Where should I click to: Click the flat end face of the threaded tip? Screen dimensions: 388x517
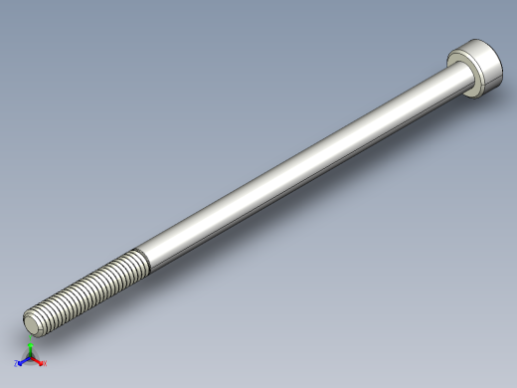(33, 322)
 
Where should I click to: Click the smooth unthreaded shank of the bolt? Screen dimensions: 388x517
(298, 169)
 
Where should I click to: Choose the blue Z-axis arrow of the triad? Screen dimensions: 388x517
(22, 362)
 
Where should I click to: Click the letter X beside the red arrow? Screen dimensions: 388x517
(45, 364)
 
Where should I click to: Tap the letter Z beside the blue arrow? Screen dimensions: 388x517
(16, 364)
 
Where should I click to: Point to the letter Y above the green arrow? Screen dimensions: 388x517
(31, 342)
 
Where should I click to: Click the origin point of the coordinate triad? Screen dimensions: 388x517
(30, 359)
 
